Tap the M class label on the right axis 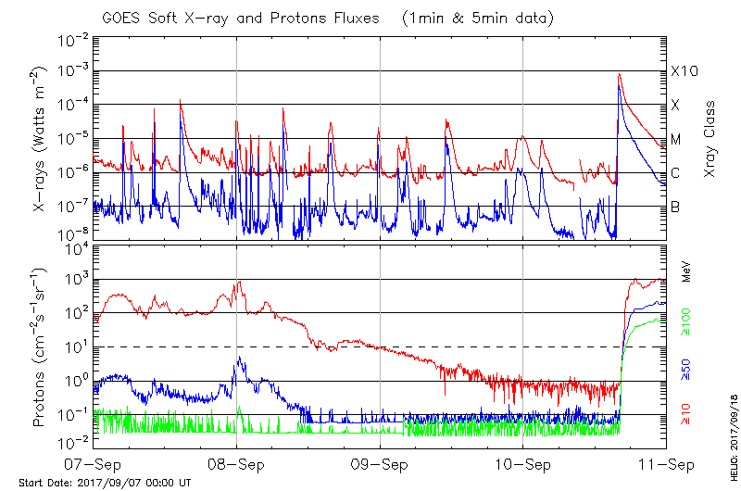[677, 139]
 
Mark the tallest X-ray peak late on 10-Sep [619, 75]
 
